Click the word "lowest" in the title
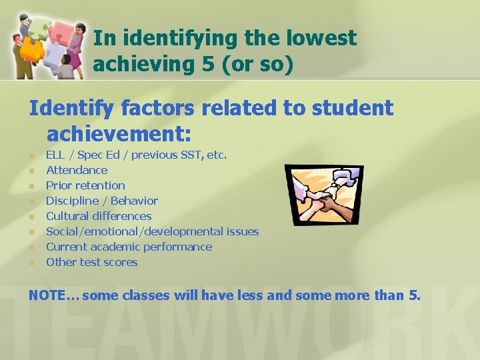pos(320,38)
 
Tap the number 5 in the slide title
pos(204,65)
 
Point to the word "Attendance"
pos(77,170)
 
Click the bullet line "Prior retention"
pos(85,185)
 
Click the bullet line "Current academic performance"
pos(129,247)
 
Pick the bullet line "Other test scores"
pos(91,262)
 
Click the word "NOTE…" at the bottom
pos(53,294)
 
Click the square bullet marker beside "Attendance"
pos(31,171)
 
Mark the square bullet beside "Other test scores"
pos(31,263)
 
